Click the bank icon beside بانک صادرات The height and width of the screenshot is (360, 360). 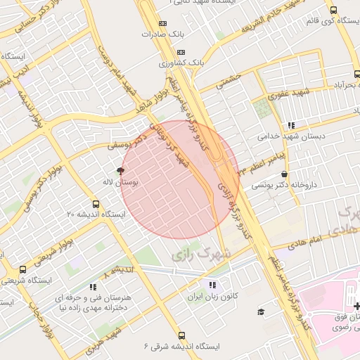[164, 22]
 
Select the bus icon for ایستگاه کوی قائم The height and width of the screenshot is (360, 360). [333, 10]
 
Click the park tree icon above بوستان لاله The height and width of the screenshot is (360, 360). [120, 171]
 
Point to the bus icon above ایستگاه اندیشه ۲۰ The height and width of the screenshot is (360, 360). [105, 202]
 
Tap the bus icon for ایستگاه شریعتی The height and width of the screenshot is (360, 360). [22, 269]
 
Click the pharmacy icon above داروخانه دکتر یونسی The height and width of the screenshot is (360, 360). [283, 174]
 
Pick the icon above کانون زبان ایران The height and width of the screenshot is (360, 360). [212, 285]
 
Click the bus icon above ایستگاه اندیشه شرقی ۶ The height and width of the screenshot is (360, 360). [182, 335]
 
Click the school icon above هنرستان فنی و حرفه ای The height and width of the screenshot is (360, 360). [93, 287]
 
